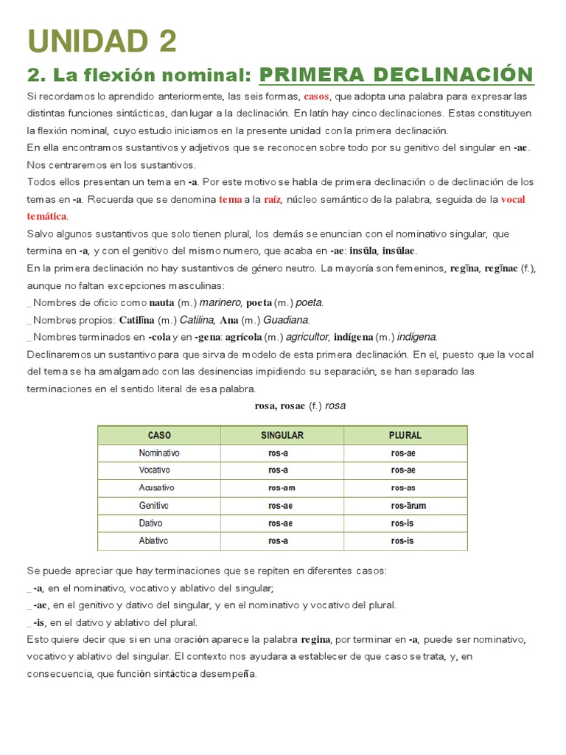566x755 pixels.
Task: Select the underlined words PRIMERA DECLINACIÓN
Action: pos(396,74)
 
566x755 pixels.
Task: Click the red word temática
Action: pos(46,216)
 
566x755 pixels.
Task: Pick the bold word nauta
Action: pos(161,302)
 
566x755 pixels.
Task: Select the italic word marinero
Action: pos(220,302)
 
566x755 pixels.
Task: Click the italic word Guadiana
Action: pos(286,320)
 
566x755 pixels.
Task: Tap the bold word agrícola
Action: pos(242,337)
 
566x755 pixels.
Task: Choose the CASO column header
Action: pos(159,435)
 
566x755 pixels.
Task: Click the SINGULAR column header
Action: pos(282,435)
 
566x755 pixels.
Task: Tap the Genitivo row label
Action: pos(154,506)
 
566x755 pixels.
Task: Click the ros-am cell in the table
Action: pos(282,488)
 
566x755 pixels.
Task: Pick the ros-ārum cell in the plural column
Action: pos(408,506)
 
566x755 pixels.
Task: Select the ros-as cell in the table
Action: pos(403,488)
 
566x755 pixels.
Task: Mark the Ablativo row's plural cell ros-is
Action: pos(402,541)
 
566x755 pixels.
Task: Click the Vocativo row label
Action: pos(155,470)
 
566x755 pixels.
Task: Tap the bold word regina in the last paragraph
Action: pos(315,639)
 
